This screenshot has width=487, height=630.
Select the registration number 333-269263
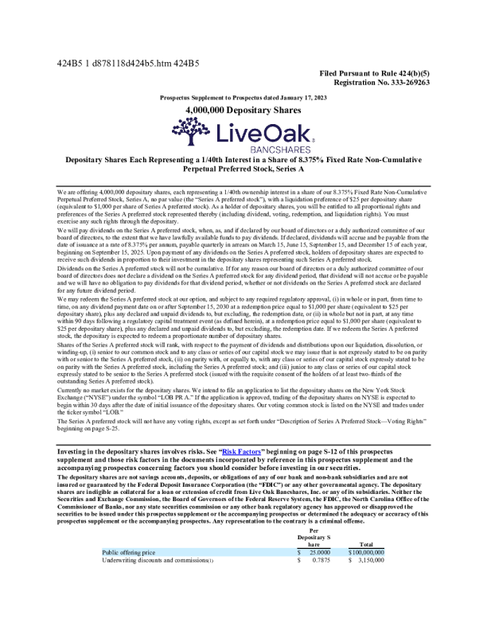tap(410, 81)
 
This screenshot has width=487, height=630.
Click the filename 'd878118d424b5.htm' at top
tap(130, 62)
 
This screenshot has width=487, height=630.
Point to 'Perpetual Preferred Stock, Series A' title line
tap(243, 170)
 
